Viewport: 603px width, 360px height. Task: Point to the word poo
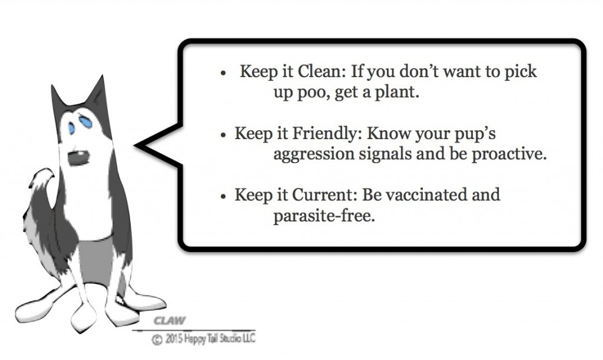[x=313, y=93]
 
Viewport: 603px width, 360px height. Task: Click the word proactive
[x=509, y=154]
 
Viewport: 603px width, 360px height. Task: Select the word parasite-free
[x=324, y=216]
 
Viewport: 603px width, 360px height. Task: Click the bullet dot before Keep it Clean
[x=223, y=74]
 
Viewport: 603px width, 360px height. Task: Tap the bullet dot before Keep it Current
[x=223, y=197]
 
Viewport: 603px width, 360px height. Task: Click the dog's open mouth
[x=79, y=158]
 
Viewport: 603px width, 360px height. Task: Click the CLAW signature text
[x=169, y=321]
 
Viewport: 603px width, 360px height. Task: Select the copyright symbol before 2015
[x=157, y=340]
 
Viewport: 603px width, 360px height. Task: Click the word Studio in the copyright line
[x=229, y=338]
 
